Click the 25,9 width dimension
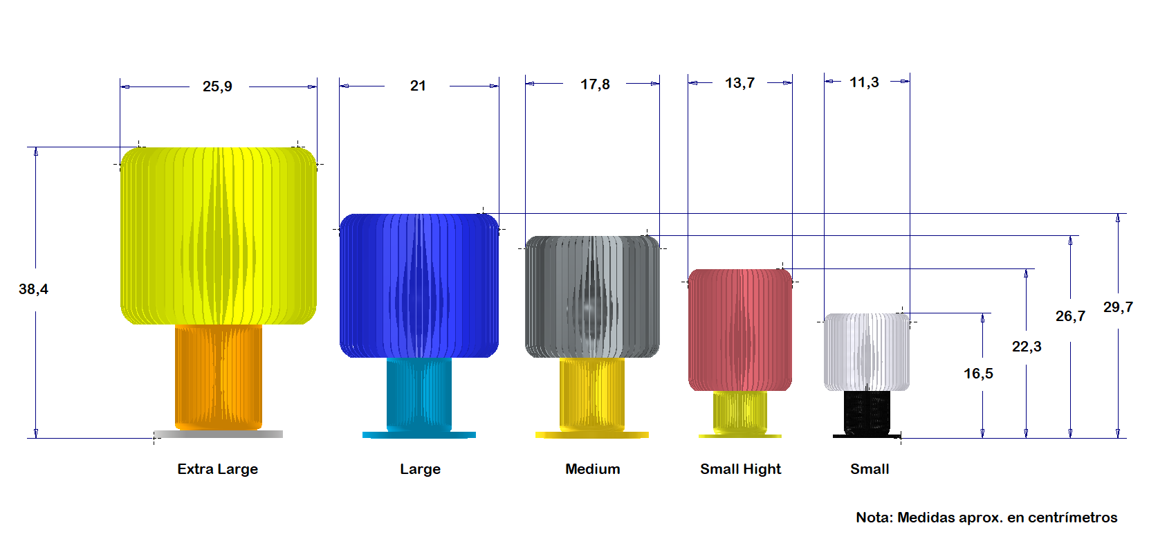pyautogui.click(x=217, y=86)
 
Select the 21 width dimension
pyautogui.click(x=418, y=86)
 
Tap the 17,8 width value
pyautogui.click(x=594, y=84)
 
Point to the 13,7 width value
pyautogui.click(x=739, y=83)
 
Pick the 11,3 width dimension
pyautogui.click(x=865, y=82)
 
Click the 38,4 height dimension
pyautogui.click(x=34, y=289)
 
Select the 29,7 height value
pyautogui.click(x=1118, y=307)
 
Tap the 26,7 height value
pyautogui.click(x=1070, y=316)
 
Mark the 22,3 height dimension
pyautogui.click(x=1027, y=347)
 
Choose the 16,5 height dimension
pyautogui.click(x=978, y=373)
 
